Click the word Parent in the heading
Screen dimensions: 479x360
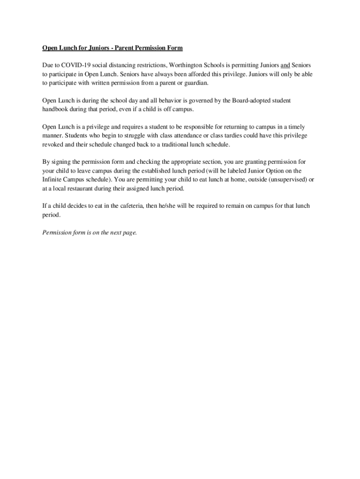(x=125, y=48)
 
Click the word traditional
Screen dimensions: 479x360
(x=189, y=145)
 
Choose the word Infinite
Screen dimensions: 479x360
(x=53, y=180)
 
